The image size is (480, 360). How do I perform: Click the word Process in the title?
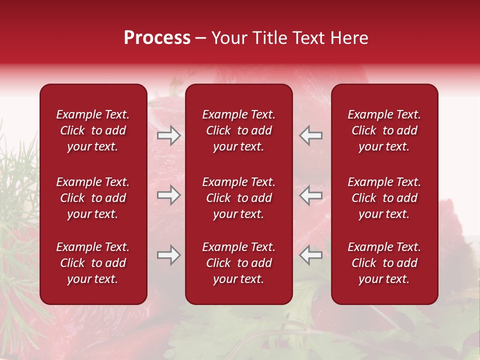(157, 38)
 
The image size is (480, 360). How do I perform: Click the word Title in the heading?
(268, 38)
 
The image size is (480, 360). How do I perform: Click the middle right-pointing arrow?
(168, 195)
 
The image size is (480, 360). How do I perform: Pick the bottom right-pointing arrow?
(168, 255)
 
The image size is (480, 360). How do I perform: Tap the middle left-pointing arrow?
(311, 195)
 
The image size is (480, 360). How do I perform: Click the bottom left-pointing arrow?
(311, 255)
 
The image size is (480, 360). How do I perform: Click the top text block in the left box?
(93, 130)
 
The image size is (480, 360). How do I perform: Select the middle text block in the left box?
(93, 198)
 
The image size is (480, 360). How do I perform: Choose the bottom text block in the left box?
(93, 263)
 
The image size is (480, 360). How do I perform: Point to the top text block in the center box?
(239, 130)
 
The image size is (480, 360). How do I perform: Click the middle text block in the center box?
(239, 198)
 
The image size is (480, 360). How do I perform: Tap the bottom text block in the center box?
(239, 263)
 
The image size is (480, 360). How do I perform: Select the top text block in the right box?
(384, 130)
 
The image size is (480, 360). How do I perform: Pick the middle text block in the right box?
(384, 198)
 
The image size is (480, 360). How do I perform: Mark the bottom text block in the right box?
(384, 263)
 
